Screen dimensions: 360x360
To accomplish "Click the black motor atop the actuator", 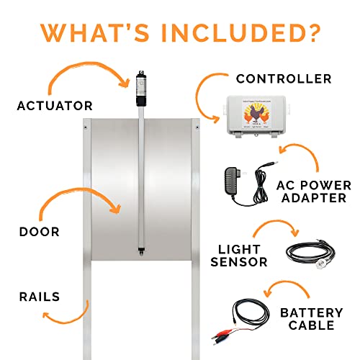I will [141, 85].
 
